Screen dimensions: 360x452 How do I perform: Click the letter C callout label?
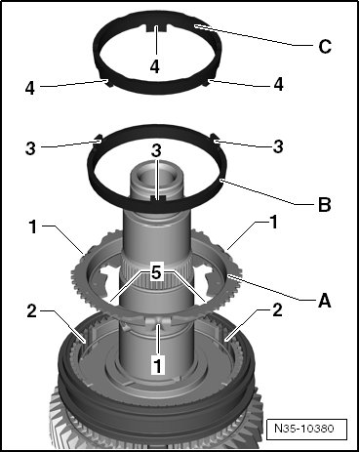point(325,46)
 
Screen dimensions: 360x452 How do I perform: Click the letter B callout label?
point(324,205)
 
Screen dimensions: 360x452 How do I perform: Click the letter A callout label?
point(324,300)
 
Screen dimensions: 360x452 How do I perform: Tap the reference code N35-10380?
point(304,428)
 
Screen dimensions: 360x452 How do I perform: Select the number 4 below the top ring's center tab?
point(155,66)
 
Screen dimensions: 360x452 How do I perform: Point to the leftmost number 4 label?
point(30,88)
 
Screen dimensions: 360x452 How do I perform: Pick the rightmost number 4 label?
point(278,85)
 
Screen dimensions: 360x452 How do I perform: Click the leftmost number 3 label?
point(30,148)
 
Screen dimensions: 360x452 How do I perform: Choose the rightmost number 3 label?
point(278,146)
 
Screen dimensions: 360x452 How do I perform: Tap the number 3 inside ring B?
point(156,151)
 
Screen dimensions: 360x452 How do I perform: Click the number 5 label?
point(156,273)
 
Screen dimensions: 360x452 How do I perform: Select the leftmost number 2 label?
point(32,311)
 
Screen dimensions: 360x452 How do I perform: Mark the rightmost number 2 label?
point(277,309)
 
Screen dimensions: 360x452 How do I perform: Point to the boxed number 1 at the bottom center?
point(158,365)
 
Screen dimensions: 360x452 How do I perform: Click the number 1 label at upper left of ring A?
point(33,226)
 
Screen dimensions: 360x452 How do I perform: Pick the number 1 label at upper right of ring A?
point(274,223)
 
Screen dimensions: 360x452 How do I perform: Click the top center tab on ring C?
point(156,27)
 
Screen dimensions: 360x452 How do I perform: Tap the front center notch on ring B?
point(158,198)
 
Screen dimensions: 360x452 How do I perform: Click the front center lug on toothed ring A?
point(158,322)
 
